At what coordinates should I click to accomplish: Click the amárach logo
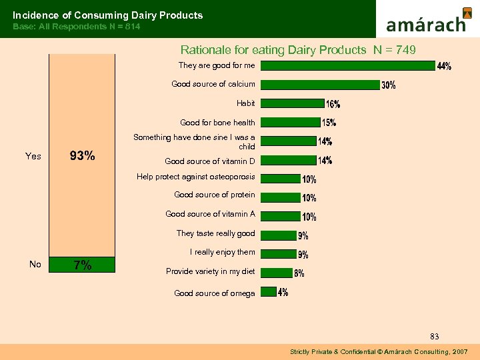[x=427, y=20]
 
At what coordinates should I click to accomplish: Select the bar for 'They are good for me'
[x=347, y=65]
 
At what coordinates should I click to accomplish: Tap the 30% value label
[x=388, y=85]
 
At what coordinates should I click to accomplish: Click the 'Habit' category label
[x=245, y=103]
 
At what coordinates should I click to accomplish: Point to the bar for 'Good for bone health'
[x=290, y=122]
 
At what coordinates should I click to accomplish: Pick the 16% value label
[x=333, y=104]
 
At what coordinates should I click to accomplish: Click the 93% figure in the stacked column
[x=83, y=156]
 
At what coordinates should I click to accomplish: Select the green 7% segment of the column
[x=83, y=265]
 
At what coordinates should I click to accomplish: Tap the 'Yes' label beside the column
[x=33, y=156]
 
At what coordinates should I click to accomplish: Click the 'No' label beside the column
[x=35, y=265]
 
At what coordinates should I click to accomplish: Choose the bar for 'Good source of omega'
[x=268, y=291]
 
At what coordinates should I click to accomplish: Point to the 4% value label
[x=283, y=293]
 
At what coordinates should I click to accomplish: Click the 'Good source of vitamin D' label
[x=210, y=161]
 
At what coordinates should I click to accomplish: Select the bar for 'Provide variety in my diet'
[x=275, y=271]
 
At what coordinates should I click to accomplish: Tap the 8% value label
[x=299, y=273]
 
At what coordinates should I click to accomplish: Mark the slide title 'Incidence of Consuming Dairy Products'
[x=108, y=15]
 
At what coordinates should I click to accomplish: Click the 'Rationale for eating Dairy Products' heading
[x=273, y=49]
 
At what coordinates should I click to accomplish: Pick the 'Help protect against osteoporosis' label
[x=195, y=177]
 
